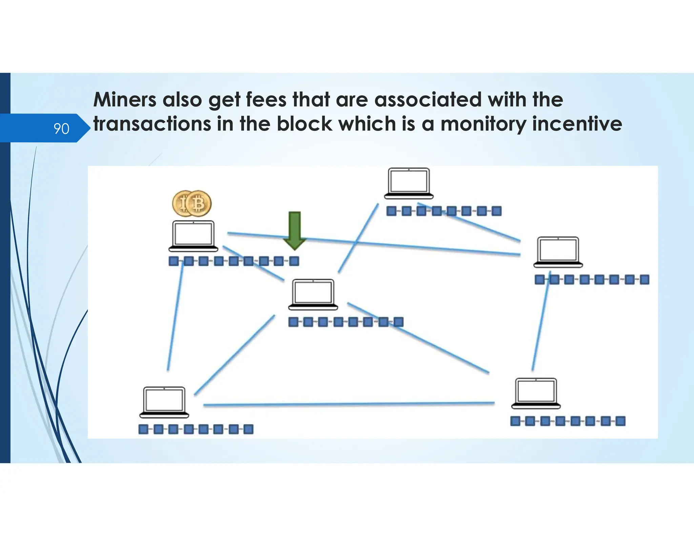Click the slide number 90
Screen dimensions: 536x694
point(61,129)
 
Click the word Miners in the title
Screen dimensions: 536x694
point(125,100)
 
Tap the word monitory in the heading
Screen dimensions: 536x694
point(483,124)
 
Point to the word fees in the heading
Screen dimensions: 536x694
point(266,100)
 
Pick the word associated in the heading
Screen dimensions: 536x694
point(428,100)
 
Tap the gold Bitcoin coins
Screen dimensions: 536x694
point(192,203)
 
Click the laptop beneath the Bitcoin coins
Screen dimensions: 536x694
point(193,236)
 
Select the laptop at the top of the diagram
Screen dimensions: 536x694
point(409,183)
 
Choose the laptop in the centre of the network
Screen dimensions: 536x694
point(313,294)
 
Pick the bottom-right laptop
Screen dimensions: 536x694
point(536,393)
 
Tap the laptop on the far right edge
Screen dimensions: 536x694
point(558,252)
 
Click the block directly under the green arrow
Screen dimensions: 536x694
point(294,261)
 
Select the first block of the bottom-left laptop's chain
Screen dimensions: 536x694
point(143,429)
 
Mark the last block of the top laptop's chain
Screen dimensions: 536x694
point(496,211)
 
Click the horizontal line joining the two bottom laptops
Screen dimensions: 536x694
point(349,404)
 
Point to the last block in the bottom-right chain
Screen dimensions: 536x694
point(620,421)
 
